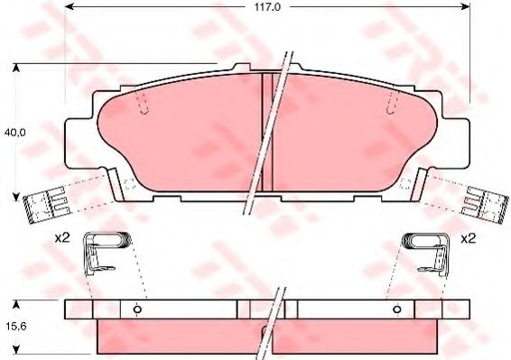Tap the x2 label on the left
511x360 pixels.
(62, 239)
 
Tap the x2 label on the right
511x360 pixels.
(468, 239)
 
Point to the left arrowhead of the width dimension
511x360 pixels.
(69, 6)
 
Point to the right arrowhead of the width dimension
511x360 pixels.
(466, 6)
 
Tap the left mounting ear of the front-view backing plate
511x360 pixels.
(79, 130)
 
